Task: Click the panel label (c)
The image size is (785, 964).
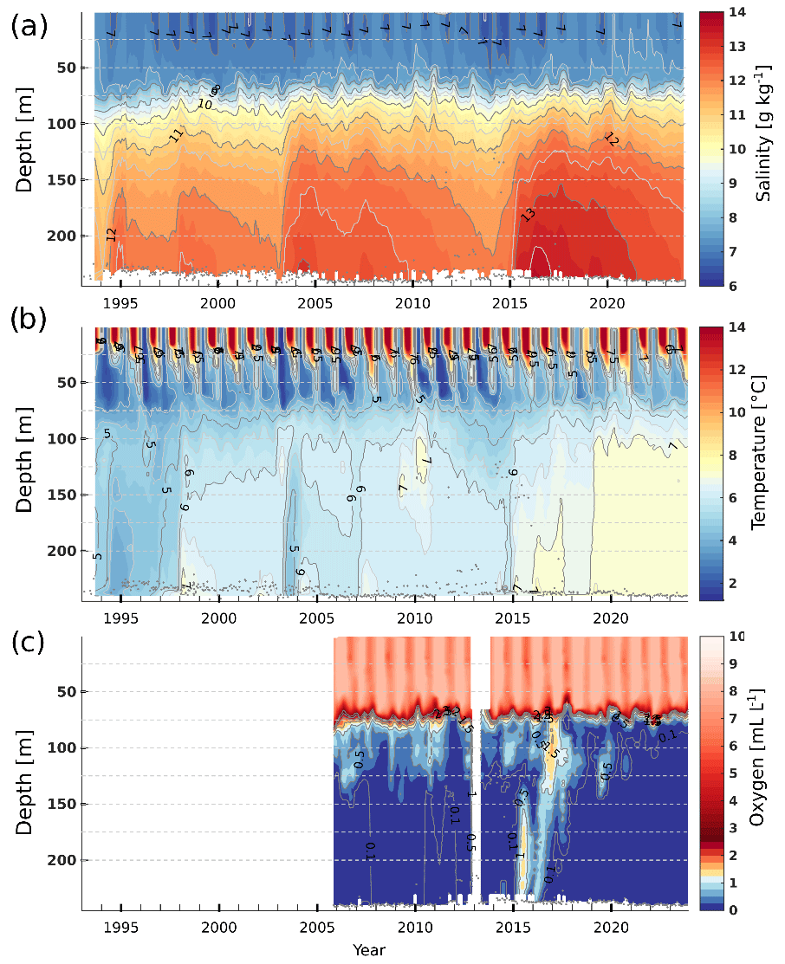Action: click(x=29, y=645)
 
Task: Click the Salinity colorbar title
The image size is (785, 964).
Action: click(x=765, y=148)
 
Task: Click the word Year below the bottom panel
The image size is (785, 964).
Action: click(x=368, y=950)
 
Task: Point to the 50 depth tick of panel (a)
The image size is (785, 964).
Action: click(x=66, y=68)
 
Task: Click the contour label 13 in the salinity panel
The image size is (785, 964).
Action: click(x=528, y=214)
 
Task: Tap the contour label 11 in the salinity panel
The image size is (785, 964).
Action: click(x=177, y=134)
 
